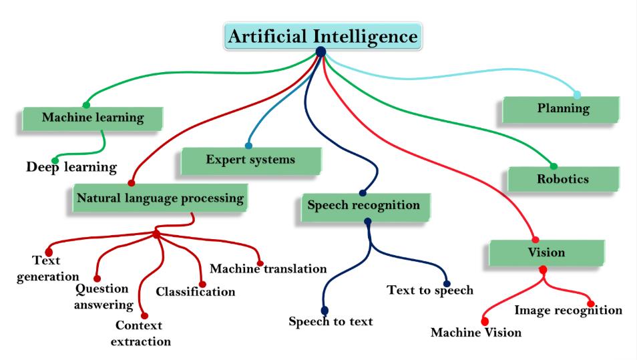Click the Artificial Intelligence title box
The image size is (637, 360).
[x=323, y=36]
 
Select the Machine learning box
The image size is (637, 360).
[x=93, y=119]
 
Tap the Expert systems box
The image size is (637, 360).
[x=250, y=161]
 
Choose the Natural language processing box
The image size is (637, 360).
[x=160, y=198]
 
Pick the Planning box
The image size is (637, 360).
[x=561, y=110]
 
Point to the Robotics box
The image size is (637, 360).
[x=563, y=179]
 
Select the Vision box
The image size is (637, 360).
[x=546, y=252]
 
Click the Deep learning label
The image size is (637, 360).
[x=71, y=167]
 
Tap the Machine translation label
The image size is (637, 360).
[x=268, y=268]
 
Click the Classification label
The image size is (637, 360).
[x=196, y=291]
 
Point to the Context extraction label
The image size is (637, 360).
[x=141, y=333]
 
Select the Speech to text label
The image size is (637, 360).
[x=331, y=321]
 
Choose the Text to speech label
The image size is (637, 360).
[x=430, y=290]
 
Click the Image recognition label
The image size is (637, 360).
[x=568, y=311]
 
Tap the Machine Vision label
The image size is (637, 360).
[x=476, y=333]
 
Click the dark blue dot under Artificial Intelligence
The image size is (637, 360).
[x=321, y=51]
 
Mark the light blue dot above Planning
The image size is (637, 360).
[x=577, y=95]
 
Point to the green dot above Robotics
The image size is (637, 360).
[x=554, y=166]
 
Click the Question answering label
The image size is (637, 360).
[x=103, y=297]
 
